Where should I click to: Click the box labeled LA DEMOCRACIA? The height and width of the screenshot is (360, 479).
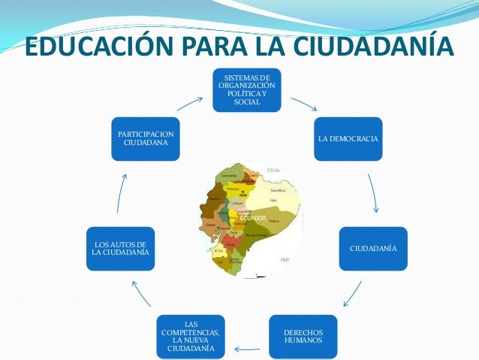tap(348, 139)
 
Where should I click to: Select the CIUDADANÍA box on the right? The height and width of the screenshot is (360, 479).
tap(373, 248)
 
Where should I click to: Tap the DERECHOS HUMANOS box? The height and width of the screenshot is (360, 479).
tap(303, 336)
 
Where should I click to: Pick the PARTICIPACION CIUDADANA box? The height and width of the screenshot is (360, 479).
tap(146, 139)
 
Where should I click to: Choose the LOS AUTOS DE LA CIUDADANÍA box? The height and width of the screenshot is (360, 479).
tap(120, 248)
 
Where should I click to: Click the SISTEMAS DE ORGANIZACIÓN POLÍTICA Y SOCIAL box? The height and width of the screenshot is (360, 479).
tap(246, 90)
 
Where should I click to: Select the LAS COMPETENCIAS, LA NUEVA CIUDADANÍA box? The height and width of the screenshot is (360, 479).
tap(191, 336)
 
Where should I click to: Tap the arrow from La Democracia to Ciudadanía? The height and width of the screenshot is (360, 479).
tap(373, 192)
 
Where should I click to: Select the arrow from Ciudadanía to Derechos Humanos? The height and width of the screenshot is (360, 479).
tap(352, 294)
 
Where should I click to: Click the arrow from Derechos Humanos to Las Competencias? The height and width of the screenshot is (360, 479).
tap(247, 349)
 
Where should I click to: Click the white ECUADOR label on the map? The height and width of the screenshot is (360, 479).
tap(253, 218)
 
